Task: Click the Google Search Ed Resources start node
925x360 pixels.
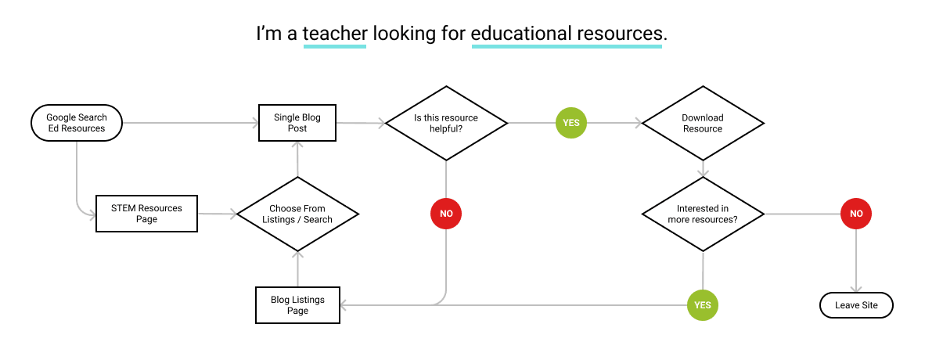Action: [x=77, y=123]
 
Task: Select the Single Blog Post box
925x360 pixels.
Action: [x=297, y=123]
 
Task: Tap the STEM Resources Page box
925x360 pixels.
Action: [x=147, y=214]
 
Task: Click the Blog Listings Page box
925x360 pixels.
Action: [x=298, y=305]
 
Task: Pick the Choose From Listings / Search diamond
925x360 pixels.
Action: [x=297, y=214]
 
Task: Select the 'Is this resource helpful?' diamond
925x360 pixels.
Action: [x=446, y=123]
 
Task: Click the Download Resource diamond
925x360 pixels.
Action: [x=703, y=124]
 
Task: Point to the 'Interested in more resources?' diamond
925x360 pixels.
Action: [x=703, y=214]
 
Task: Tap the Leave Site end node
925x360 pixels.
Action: [x=857, y=305]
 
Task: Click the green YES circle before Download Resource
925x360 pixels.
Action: [x=571, y=123]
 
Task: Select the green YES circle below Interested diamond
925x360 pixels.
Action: [x=703, y=305]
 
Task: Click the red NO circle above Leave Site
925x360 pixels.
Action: [x=856, y=214]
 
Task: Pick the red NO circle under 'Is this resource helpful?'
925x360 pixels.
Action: [x=446, y=214]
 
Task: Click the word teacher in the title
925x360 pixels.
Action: [x=335, y=34]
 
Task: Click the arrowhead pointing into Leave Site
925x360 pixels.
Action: [x=856, y=288]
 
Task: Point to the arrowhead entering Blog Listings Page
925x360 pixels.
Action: [x=345, y=305]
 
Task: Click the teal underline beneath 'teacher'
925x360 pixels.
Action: [x=335, y=46]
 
